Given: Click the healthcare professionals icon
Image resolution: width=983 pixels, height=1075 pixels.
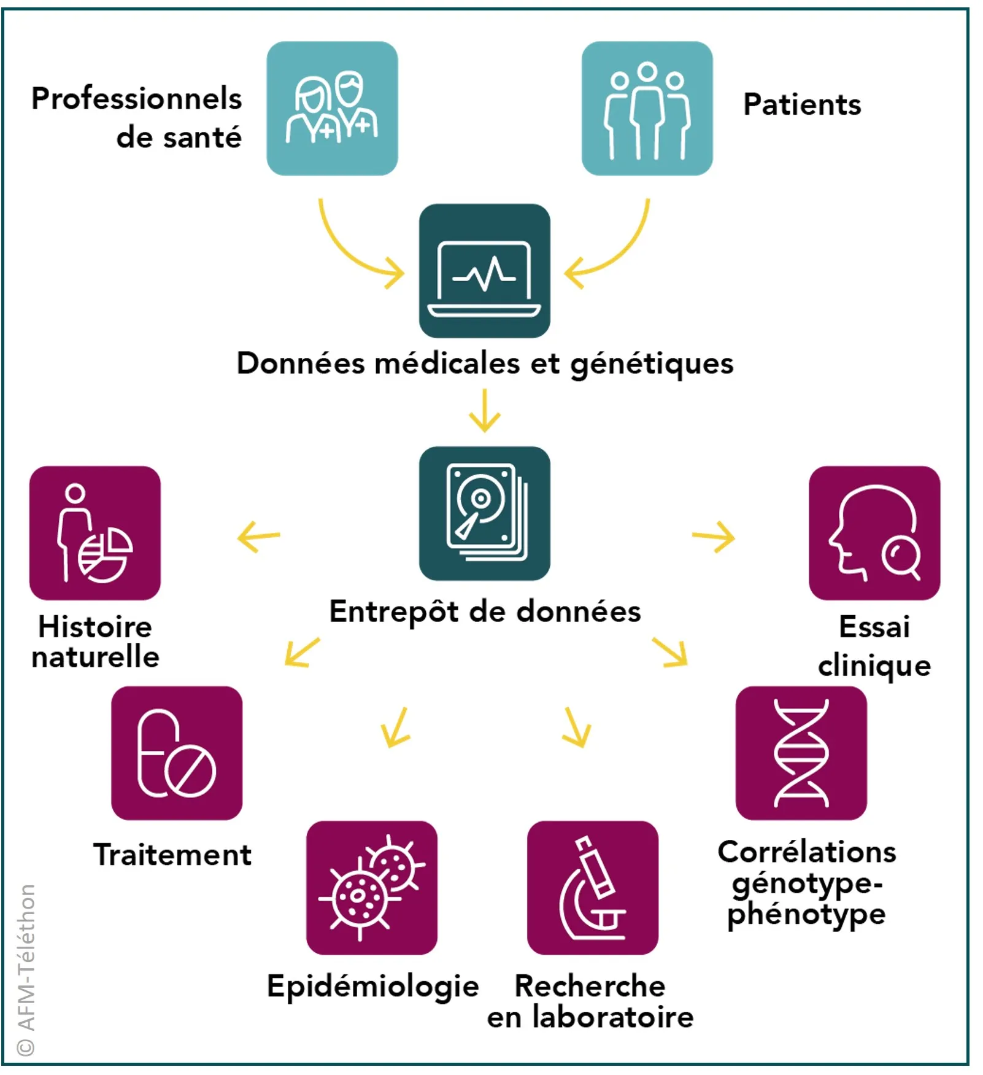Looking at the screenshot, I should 332,109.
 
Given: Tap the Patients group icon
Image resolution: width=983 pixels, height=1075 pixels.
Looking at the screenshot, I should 647,109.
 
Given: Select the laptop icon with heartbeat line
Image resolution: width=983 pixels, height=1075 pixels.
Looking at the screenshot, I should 484,271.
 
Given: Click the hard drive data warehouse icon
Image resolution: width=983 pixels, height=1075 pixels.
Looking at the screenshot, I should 484,513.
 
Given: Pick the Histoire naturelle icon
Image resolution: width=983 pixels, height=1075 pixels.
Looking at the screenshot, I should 95,533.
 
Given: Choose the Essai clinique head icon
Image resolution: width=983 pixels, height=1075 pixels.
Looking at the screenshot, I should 874,533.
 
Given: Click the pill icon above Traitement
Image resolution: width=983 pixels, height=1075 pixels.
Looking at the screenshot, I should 177,753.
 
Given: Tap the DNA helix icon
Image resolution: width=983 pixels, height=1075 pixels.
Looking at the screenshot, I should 801,753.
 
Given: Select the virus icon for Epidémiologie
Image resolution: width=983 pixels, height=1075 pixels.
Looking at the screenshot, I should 371,887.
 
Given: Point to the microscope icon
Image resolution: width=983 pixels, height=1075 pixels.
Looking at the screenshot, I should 592,887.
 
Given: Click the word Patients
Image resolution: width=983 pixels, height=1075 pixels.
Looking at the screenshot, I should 802,104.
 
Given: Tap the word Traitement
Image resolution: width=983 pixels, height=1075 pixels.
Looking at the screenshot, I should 172,855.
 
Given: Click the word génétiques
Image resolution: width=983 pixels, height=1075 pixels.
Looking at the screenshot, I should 652,363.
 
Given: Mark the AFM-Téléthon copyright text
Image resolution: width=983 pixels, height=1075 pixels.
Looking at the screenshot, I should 26,970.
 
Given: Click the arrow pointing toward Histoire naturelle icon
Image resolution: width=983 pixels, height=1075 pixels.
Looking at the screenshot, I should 258,537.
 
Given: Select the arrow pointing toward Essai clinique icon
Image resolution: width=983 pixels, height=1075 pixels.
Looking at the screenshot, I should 714,537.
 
